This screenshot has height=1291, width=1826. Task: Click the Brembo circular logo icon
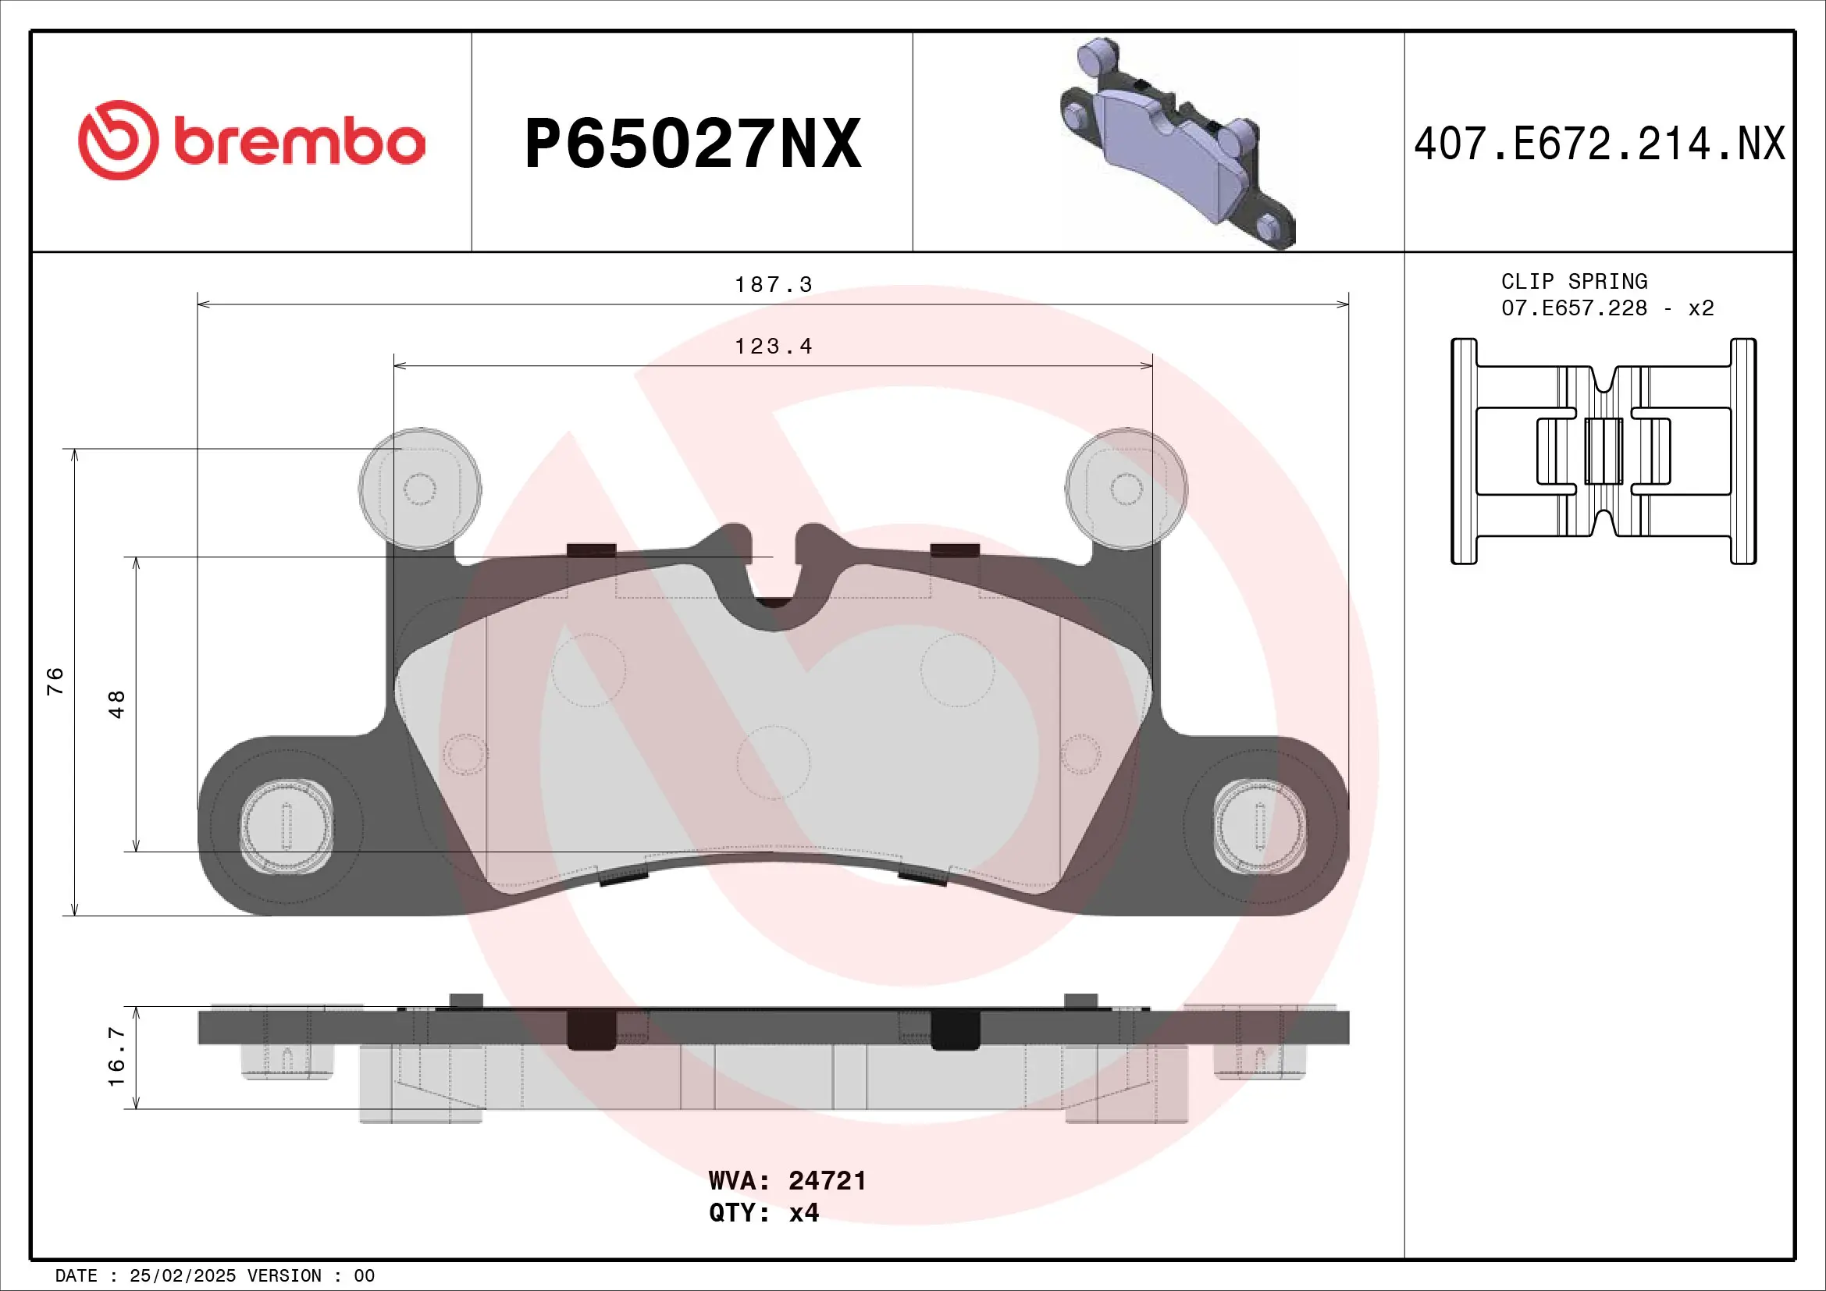click(x=119, y=140)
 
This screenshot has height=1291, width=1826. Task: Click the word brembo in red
click(x=299, y=143)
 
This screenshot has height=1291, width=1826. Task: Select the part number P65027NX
click(x=692, y=144)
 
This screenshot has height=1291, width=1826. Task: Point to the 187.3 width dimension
click(x=773, y=285)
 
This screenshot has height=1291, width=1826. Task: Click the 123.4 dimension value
click(x=773, y=347)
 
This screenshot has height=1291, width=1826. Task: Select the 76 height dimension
click(x=55, y=681)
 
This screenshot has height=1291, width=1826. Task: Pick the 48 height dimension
click(x=117, y=704)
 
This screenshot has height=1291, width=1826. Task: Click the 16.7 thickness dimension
click(x=117, y=1058)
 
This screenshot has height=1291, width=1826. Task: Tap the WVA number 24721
click(x=826, y=1180)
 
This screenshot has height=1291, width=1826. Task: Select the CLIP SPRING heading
click(x=1574, y=282)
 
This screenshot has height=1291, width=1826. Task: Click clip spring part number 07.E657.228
click(x=1574, y=308)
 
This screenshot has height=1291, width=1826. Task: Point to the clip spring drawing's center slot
click(x=1604, y=450)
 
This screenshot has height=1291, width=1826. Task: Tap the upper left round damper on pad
click(x=420, y=489)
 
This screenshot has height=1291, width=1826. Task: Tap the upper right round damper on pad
click(x=1127, y=489)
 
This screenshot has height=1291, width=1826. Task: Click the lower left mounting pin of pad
click(x=287, y=826)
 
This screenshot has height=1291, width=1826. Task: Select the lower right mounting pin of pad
click(x=1260, y=826)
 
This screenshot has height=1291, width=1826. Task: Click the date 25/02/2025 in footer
click(x=182, y=1276)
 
